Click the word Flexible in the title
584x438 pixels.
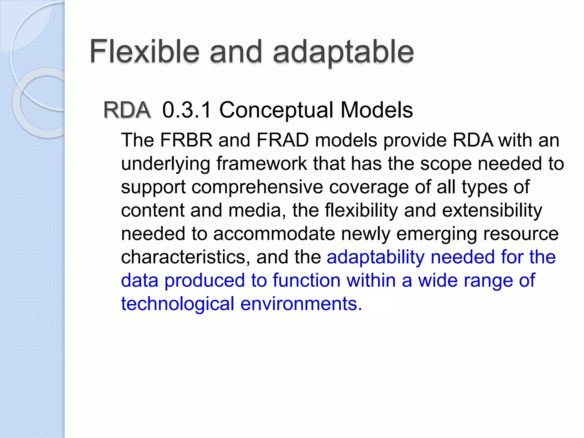click(x=144, y=52)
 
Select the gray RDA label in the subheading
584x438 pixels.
click(x=127, y=110)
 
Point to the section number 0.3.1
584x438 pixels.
click(x=187, y=110)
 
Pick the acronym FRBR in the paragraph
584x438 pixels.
click(x=186, y=140)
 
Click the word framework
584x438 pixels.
click(x=261, y=164)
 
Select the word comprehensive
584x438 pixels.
click(x=257, y=188)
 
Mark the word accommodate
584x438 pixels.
click(x=274, y=234)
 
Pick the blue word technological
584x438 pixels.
click(x=177, y=304)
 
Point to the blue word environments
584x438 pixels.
click(x=301, y=304)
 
